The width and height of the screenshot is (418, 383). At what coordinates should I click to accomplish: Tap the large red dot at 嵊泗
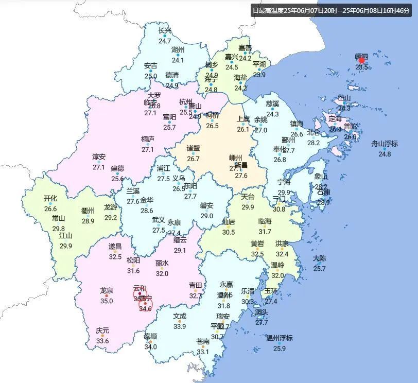[361, 60]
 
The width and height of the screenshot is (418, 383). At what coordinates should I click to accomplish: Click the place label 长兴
[165, 31]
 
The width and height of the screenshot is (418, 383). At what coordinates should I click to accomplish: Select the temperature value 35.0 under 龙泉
[107, 301]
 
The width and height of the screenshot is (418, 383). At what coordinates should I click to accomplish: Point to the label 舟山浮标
[385, 144]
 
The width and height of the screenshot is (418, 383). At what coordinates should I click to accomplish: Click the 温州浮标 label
[279, 338]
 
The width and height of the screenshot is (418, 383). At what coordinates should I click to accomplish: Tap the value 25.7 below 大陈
[320, 269]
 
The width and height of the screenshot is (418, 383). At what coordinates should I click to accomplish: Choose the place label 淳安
[99, 157]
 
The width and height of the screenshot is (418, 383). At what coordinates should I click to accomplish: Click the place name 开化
[50, 198]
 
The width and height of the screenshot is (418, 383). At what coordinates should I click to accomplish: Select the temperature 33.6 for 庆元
[102, 341]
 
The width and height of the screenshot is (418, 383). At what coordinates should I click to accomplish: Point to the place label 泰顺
[150, 337]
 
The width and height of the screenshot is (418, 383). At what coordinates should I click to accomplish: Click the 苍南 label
[203, 341]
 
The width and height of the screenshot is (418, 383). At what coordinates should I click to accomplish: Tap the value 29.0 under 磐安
[207, 216]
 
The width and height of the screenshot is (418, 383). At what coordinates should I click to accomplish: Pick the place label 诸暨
[193, 148]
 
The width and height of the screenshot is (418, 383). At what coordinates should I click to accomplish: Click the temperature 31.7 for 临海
[265, 232]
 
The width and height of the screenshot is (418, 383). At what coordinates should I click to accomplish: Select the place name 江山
[65, 236]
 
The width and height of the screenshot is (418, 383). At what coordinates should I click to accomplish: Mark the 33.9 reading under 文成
[180, 326]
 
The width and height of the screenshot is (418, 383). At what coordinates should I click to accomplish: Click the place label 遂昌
[115, 247]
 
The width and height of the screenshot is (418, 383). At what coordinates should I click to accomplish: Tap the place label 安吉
[151, 66]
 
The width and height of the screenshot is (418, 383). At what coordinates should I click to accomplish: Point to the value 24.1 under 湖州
[178, 60]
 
